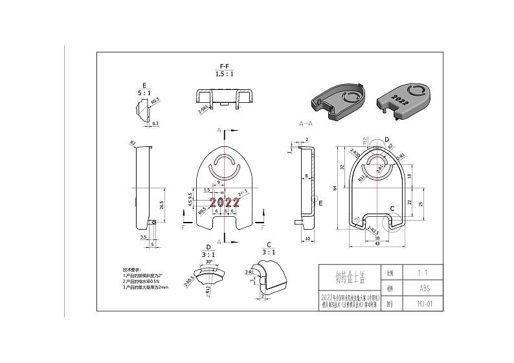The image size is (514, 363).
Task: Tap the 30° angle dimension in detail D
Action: [x=209, y=263]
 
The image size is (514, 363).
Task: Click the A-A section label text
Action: [x=306, y=122]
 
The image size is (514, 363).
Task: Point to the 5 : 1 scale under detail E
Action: [x=144, y=93]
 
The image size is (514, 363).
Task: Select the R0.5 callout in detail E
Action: [x=155, y=102]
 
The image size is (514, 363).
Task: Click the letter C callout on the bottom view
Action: [x=393, y=208]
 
